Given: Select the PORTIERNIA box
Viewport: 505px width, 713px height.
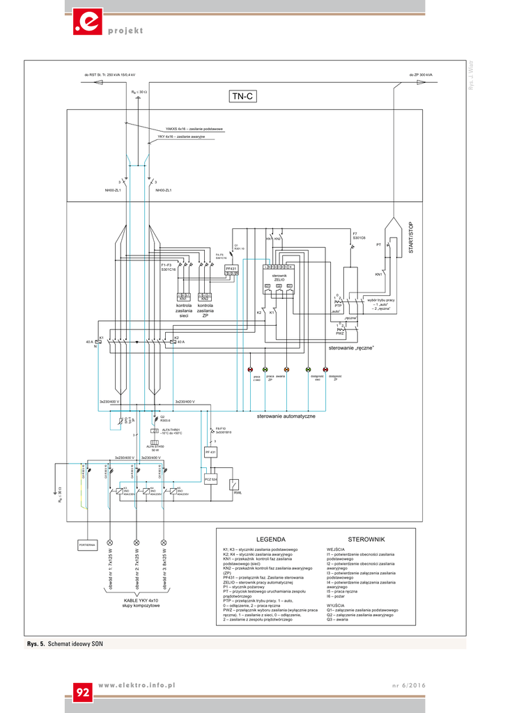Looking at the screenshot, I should pyautogui.click(x=88, y=543).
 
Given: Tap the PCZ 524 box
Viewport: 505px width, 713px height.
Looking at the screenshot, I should pyautogui.click(x=210, y=480).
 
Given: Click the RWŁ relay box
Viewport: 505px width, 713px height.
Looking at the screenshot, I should pyautogui.click(x=237, y=485).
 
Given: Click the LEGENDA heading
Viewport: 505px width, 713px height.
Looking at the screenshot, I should pyautogui.click(x=271, y=540).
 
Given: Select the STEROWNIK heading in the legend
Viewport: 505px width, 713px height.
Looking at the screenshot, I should pyautogui.click(x=366, y=540).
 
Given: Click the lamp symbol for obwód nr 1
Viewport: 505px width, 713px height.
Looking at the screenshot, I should pyautogui.click(x=110, y=542).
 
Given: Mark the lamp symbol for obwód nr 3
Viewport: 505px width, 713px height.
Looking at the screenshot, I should pyautogui.click(x=164, y=542).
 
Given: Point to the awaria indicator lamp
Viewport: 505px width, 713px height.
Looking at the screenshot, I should pyautogui.click(x=286, y=369).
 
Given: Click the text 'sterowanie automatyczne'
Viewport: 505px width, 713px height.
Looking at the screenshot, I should pyautogui.click(x=286, y=416).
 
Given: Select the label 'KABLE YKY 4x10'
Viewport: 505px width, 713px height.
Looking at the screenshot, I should pyautogui.click(x=141, y=600).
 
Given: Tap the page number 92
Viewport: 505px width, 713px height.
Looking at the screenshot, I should pyautogui.click(x=83, y=692).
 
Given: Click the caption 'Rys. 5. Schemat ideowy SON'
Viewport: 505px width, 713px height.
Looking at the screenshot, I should pyautogui.click(x=65, y=645).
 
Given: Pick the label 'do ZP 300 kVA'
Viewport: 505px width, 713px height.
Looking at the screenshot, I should pyautogui.click(x=421, y=75).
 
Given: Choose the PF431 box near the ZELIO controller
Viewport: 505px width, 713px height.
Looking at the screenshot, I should pyautogui.click(x=231, y=269).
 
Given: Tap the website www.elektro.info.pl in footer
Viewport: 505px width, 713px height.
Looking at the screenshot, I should pyautogui.click(x=137, y=686).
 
